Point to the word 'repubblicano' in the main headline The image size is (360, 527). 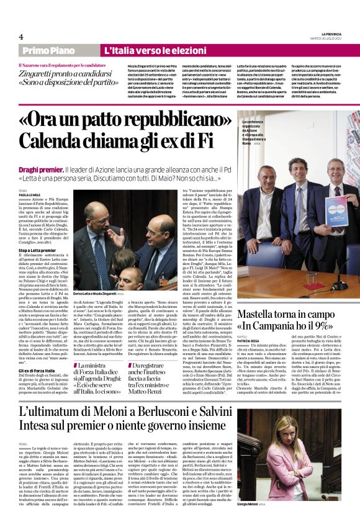tap(158, 121)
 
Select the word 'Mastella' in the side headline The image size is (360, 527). tap(261, 315)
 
